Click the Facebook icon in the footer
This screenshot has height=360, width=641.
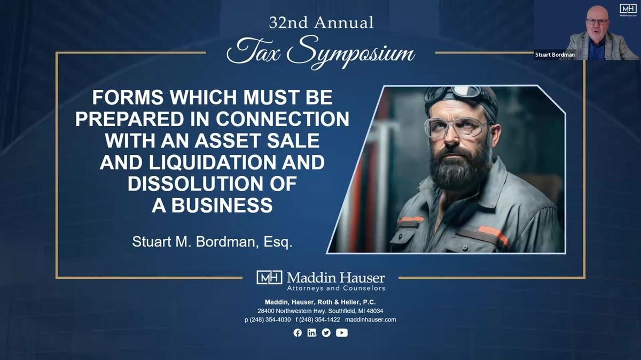[x=298, y=333]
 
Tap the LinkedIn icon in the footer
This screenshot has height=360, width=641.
[x=312, y=333]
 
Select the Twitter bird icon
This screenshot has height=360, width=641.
[x=326, y=333]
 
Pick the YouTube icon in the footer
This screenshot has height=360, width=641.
[x=342, y=333]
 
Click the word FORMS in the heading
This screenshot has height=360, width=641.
[x=124, y=97]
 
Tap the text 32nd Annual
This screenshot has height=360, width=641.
[x=321, y=23]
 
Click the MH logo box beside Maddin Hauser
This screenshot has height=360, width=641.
[x=269, y=277]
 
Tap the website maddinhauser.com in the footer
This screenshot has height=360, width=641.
[x=370, y=319]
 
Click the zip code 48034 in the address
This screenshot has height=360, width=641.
[x=373, y=311]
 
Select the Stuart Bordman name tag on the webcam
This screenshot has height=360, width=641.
[x=556, y=54]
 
